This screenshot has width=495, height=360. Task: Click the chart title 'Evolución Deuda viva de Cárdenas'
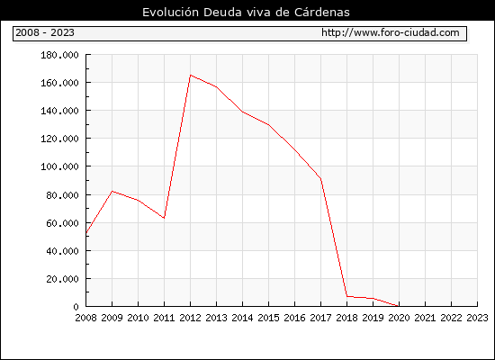coord(246,13)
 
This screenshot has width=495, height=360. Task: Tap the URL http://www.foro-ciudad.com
coord(391,32)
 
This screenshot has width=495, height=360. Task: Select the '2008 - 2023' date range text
coord(45,32)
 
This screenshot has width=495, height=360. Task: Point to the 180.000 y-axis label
coord(59,55)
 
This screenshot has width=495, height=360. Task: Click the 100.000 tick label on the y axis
coord(59,166)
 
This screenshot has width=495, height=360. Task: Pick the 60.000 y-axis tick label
coord(62,223)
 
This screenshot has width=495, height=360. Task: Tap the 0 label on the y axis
coord(76,307)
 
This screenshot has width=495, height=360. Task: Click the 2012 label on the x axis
coord(190,318)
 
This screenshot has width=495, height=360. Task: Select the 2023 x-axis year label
coord(477,318)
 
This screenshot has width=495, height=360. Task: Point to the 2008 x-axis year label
coord(85,318)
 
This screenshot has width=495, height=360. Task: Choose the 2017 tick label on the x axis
coord(320,318)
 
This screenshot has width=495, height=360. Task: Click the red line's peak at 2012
coord(191,76)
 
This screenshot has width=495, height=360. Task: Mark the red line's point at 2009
coord(112,191)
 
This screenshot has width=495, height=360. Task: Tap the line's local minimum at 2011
coord(164,218)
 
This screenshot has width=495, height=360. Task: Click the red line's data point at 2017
coord(320,179)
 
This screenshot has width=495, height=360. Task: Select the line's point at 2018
coord(346,296)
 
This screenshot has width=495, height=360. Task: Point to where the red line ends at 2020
coord(399,306)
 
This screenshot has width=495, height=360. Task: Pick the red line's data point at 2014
coord(242,112)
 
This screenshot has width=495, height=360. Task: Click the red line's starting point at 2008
coord(86,233)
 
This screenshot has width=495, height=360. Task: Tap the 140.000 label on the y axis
coord(59,111)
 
